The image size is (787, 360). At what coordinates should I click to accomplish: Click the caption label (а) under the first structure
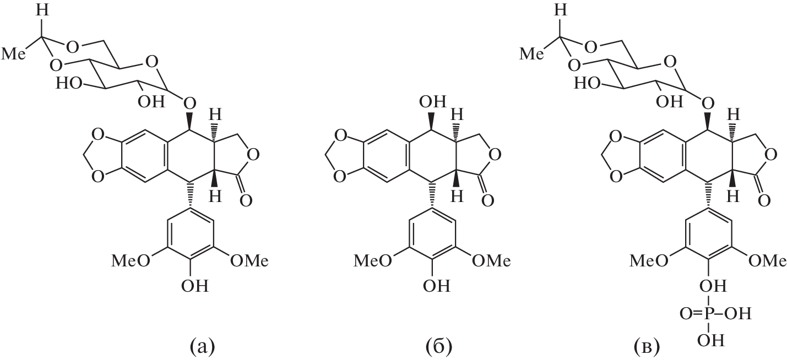[202, 347]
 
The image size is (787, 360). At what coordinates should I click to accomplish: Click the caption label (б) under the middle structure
[439, 347]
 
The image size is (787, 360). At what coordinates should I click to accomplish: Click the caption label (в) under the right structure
[647, 347]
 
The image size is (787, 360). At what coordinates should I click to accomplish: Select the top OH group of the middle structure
[432, 102]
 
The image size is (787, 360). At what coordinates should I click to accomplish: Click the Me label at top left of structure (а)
[13, 54]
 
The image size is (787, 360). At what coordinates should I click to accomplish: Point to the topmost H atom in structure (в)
[561, 10]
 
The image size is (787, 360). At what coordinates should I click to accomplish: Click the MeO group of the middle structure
[372, 261]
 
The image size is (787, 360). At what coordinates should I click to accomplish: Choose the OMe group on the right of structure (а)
[249, 261]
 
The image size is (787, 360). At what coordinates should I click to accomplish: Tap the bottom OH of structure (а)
[195, 286]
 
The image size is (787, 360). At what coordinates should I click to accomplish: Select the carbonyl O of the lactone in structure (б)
[487, 201]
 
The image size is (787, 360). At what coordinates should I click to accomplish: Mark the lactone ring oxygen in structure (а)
[253, 155]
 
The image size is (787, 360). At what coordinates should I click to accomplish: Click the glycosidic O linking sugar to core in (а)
[189, 103]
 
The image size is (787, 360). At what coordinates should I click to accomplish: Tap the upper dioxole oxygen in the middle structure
[339, 135]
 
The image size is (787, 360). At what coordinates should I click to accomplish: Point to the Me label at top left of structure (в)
[531, 54]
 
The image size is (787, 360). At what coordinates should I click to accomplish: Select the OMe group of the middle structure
[491, 261]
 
